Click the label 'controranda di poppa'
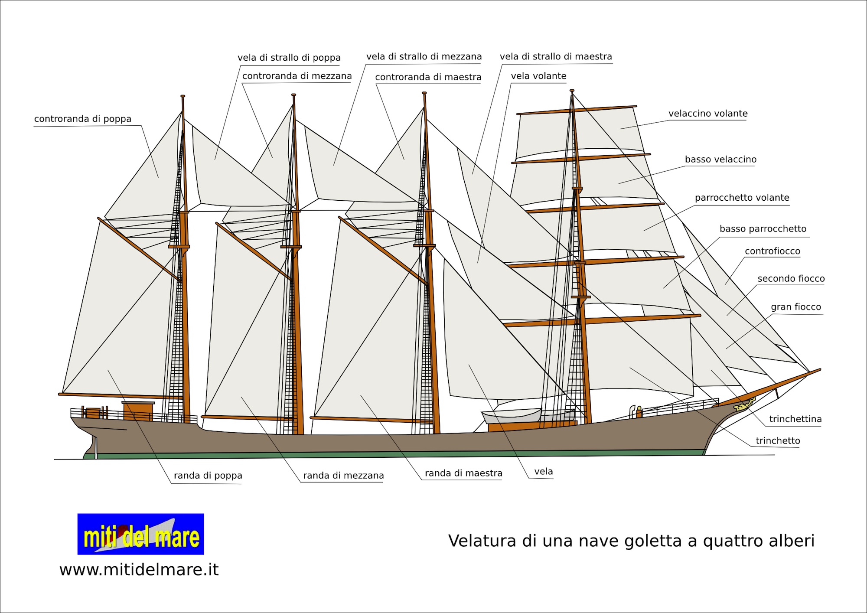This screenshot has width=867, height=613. pyautogui.click(x=82, y=119)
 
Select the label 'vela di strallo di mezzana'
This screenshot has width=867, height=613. pyautogui.click(x=424, y=56)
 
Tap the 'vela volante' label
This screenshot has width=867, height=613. pyautogui.click(x=538, y=76)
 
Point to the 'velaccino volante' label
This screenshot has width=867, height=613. pyautogui.click(x=708, y=114)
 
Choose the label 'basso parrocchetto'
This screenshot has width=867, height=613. pyautogui.click(x=763, y=229)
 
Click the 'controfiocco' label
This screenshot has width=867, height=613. pyautogui.click(x=772, y=251)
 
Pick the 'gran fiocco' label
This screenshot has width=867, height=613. pyautogui.click(x=795, y=307)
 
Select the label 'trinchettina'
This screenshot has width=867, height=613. pyautogui.click(x=795, y=419)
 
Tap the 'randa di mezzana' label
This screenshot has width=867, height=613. pyautogui.click(x=343, y=476)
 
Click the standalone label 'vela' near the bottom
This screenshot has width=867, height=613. pyautogui.click(x=543, y=471)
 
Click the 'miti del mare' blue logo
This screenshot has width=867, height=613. pyautogui.click(x=140, y=534)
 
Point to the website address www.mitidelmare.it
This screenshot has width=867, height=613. pyautogui.click(x=139, y=569)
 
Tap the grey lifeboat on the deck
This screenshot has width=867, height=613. pyautogui.click(x=512, y=415)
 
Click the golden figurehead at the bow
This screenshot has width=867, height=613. pyautogui.click(x=744, y=405)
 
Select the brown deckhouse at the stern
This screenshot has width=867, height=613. pyautogui.click(x=138, y=411)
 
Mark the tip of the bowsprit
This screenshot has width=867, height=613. pyautogui.click(x=819, y=370)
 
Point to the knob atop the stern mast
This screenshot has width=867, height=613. pyautogui.click(x=183, y=96)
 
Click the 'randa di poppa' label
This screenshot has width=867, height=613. pyautogui.click(x=208, y=476)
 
